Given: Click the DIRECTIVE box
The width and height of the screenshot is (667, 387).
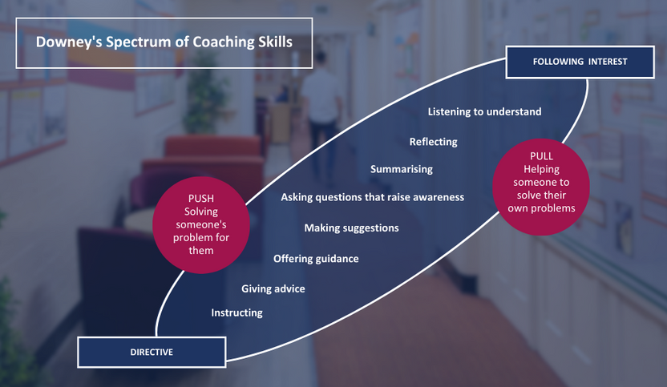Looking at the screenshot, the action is (152, 352).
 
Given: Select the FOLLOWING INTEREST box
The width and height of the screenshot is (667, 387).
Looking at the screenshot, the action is (580, 62).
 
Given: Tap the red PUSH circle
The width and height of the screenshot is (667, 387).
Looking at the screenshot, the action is (200, 225).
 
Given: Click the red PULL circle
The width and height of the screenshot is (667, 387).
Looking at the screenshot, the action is (541, 187).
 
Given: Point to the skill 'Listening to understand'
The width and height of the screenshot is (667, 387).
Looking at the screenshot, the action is (484, 112).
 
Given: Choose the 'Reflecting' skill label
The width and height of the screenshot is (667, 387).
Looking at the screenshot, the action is (434, 142).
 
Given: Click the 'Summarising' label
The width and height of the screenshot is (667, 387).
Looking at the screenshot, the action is (402, 169).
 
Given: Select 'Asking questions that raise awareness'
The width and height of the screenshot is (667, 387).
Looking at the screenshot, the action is (372, 197).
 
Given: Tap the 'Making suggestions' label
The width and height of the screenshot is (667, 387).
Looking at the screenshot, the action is (351, 228).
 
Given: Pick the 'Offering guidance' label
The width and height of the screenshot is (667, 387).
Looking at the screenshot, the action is (316, 259).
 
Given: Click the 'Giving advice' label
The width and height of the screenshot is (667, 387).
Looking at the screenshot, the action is (273, 288).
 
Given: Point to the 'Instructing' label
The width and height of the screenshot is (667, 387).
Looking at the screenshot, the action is (237, 313).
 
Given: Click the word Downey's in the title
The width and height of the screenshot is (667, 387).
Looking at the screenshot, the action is (68, 42).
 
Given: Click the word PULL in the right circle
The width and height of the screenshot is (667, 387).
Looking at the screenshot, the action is (541, 156).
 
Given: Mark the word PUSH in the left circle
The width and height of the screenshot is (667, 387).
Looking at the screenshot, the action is (200, 199).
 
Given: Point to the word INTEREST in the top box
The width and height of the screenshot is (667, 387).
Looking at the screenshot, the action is (608, 62).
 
